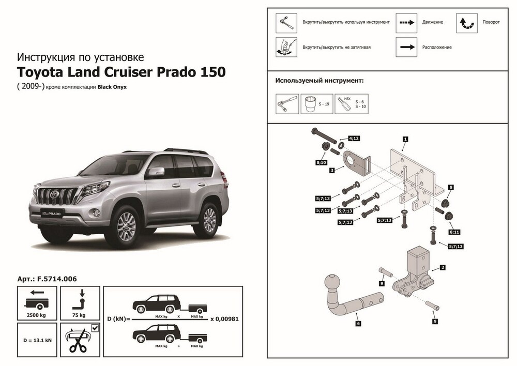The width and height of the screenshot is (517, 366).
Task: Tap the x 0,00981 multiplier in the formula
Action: (x=224, y=318)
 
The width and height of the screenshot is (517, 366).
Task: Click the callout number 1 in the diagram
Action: (x=405, y=139)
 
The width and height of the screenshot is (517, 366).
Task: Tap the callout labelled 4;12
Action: (x=354, y=139)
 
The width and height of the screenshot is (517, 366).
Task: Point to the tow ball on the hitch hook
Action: (x=331, y=285)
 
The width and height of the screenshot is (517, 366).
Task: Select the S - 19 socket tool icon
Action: (x=312, y=103)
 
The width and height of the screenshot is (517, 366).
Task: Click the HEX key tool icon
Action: (x=343, y=103)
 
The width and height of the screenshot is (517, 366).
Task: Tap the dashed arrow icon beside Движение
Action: (x=406, y=22)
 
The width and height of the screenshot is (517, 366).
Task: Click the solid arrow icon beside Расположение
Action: (x=406, y=47)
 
